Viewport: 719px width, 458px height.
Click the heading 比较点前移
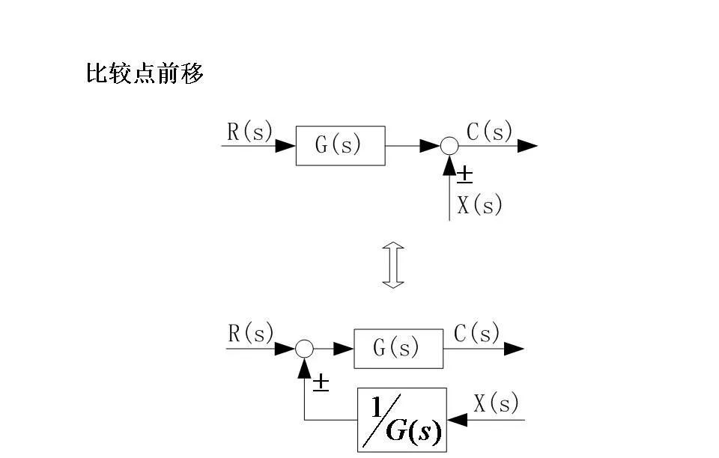(145, 74)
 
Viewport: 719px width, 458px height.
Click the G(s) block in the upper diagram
(340, 146)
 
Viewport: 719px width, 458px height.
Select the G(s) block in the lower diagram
(398, 348)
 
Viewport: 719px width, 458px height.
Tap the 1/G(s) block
(401, 419)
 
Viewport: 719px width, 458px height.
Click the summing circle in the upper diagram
(449, 146)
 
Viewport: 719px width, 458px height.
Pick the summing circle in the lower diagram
(303, 348)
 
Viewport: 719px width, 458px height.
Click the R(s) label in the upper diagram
(249, 132)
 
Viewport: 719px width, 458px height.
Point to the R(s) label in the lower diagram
(250, 334)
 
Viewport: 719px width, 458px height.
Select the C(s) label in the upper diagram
(490, 132)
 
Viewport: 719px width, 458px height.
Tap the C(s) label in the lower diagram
(477, 334)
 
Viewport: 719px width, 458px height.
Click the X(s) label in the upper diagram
(479, 205)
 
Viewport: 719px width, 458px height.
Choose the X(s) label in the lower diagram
(497, 404)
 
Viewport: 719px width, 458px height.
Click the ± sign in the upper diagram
(464, 175)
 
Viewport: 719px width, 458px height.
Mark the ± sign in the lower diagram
(321, 383)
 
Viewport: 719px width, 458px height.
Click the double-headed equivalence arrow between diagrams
(393, 265)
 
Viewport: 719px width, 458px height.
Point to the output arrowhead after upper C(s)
(527, 146)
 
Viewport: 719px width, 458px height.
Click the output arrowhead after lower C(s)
(514, 348)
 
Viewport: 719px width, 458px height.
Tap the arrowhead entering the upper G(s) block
(285, 146)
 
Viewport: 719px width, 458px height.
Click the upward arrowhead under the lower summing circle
(303, 367)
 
